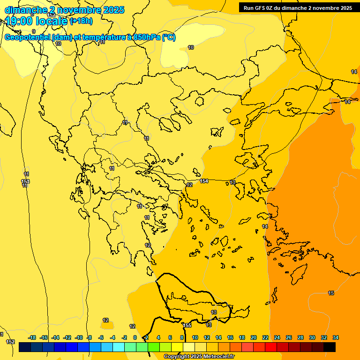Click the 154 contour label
(204, 181)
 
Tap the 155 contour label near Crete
(187, 325)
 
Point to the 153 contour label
(25, 181)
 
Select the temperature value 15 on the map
(331, 293)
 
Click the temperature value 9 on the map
(34, 31)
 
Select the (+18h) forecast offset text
(81, 21)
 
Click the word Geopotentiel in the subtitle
(27, 37)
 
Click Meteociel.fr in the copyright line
(216, 357)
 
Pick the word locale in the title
(52, 21)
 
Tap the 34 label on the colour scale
(336, 337)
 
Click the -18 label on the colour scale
(32, 337)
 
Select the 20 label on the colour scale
(254, 337)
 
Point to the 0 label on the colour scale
(135, 337)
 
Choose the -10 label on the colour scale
(79, 337)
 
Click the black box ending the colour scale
(330, 347)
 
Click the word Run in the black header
(249, 8)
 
